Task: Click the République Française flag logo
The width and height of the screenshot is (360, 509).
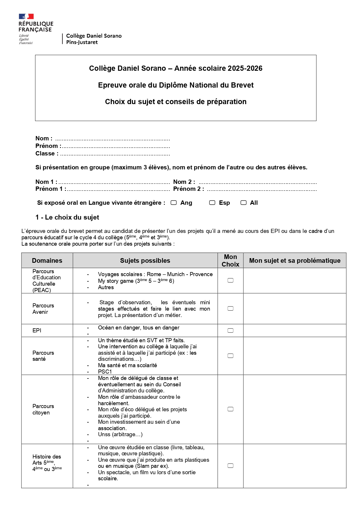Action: click(26, 17)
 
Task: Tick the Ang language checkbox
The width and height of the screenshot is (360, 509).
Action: click(174, 203)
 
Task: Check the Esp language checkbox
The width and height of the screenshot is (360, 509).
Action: click(212, 203)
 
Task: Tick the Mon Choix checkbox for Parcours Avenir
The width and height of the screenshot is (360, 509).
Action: click(230, 309)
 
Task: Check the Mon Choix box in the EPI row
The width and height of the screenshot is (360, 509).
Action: click(230, 330)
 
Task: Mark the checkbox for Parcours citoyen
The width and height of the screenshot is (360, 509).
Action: click(230, 409)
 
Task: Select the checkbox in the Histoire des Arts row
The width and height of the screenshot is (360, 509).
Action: click(230, 466)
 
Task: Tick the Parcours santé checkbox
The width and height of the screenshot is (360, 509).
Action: click(230, 356)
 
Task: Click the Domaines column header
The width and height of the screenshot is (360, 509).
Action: click(47, 260)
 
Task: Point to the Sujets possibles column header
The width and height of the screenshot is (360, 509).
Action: click(145, 260)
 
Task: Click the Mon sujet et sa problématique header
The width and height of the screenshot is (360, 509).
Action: click(295, 260)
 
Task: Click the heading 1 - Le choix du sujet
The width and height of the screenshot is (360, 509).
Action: click(67, 218)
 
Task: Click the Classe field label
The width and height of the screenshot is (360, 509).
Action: click(47, 153)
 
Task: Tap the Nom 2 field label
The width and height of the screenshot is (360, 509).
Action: click(184, 182)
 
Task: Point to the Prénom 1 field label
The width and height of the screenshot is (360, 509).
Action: click(50, 189)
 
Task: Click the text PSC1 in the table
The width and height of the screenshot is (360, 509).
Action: click(105, 372)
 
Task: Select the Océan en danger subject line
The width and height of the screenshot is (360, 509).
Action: click(138, 328)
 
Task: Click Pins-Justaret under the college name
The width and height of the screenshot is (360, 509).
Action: click(82, 42)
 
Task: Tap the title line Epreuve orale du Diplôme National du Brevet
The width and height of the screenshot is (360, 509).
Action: click(176, 85)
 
